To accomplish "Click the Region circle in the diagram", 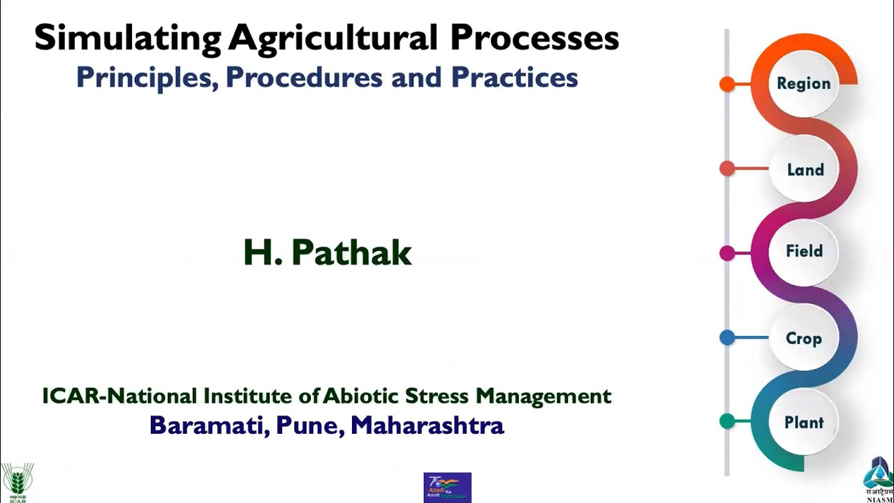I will tap(804, 84).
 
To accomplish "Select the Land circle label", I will tap(805, 170).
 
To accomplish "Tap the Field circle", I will tap(804, 251).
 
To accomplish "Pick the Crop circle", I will tap(803, 338).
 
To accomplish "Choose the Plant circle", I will tap(803, 423).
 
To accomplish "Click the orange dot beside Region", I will tap(727, 85).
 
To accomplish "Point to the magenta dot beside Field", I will tap(727, 253).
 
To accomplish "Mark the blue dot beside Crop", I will tap(727, 338).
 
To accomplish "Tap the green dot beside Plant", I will tap(727, 421).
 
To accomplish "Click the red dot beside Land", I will tap(727, 168).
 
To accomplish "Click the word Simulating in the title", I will tap(128, 38).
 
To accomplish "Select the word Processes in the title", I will tap(534, 38).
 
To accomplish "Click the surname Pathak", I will tap(351, 253).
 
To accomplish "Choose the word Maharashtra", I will tap(427, 425).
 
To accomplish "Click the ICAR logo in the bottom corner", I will tap(17, 483).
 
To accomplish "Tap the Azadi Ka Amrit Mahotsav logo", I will tap(447, 487).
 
